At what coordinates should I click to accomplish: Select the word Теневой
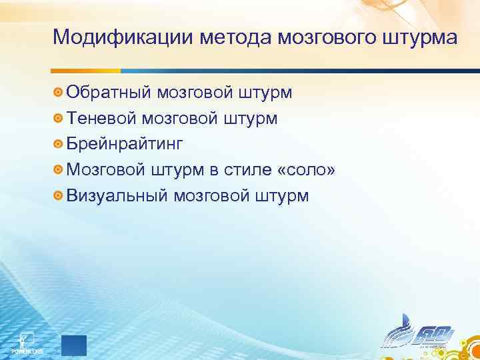coord(101,118)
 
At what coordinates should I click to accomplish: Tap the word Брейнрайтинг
coord(124,144)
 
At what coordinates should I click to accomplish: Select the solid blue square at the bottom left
coord(73,346)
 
